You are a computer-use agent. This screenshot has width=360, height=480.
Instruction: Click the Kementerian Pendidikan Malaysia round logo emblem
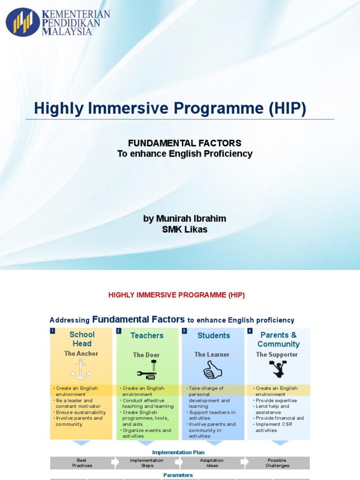(22, 22)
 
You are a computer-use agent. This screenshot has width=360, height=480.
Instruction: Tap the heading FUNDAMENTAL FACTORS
(185, 143)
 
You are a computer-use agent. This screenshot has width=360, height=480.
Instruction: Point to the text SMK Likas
(184, 229)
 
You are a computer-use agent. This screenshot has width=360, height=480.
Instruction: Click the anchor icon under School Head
(81, 371)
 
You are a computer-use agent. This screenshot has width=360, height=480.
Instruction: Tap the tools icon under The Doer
(147, 370)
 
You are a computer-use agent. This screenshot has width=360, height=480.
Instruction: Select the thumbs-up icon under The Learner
(212, 371)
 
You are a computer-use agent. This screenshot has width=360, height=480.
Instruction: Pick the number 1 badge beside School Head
(52, 331)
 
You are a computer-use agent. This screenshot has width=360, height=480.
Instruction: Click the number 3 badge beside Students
(184, 331)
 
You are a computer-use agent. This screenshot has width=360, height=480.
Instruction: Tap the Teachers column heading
(147, 336)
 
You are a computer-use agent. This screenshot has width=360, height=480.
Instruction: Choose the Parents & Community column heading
(278, 339)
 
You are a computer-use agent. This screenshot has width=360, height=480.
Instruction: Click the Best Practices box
(82, 463)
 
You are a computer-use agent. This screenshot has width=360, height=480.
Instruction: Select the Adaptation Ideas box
(212, 463)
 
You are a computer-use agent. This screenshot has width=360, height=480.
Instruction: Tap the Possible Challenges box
(277, 463)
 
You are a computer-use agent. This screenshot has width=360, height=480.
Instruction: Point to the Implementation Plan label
(178, 452)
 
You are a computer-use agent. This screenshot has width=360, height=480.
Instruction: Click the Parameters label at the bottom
(178, 475)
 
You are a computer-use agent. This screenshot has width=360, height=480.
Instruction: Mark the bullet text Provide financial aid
(279, 418)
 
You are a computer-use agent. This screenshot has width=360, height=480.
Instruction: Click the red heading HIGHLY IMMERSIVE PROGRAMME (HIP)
(177, 295)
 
